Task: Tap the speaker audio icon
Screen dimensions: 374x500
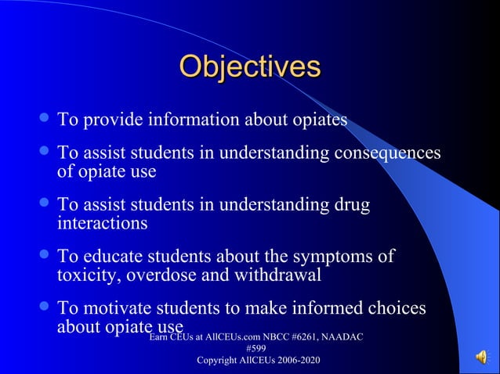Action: pos(480,358)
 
